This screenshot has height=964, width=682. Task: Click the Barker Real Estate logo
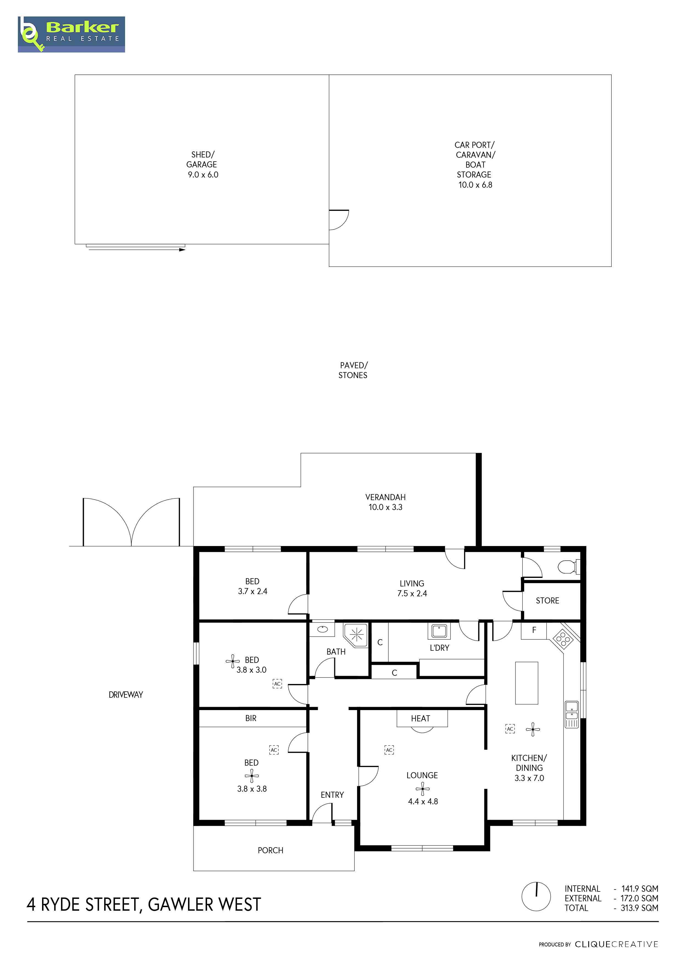click(71, 34)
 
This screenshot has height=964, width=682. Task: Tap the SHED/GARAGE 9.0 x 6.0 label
click(202, 165)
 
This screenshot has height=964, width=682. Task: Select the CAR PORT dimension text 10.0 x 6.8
click(475, 185)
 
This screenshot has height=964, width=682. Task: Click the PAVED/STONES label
click(353, 370)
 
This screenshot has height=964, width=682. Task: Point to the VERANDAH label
click(385, 497)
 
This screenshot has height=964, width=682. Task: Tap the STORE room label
click(547, 601)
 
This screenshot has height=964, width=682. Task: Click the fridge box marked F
click(534, 630)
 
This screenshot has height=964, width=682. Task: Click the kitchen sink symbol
click(571, 714)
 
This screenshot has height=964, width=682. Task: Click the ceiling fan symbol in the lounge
click(423, 789)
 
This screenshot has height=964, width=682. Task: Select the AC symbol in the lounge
click(389, 750)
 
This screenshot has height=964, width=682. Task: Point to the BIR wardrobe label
click(251, 718)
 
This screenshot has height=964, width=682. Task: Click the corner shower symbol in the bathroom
click(356, 635)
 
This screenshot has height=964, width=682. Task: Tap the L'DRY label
click(439, 648)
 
